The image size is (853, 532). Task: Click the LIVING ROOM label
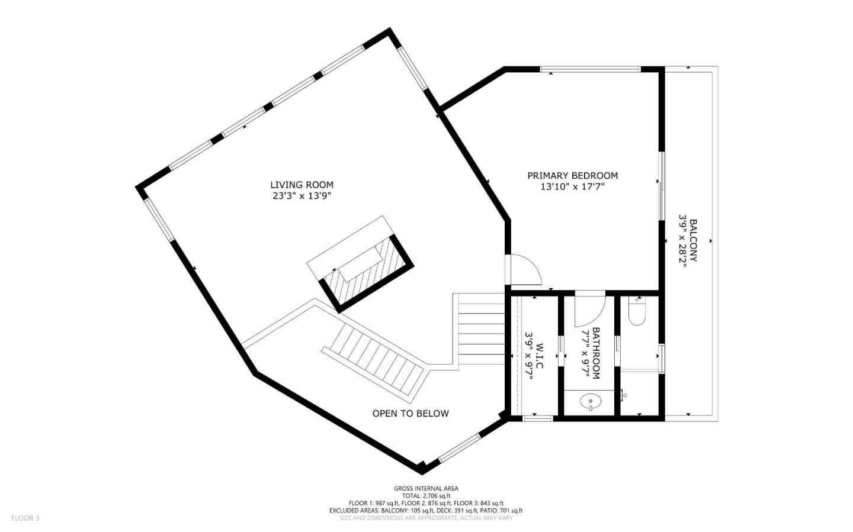click(x=302, y=185)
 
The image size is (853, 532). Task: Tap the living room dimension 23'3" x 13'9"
click(x=302, y=196)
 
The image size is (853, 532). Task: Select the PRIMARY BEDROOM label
click(x=572, y=175)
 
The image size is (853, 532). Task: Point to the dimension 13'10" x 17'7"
click(x=572, y=187)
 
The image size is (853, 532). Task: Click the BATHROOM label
click(x=596, y=353)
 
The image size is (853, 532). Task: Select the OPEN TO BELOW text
click(x=410, y=414)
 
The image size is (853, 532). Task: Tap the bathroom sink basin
click(x=591, y=403)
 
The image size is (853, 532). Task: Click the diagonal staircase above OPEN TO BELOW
click(x=376, y=360)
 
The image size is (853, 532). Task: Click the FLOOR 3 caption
click(x=25, y=518)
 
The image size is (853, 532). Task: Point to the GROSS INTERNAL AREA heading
click(x=426, y=488)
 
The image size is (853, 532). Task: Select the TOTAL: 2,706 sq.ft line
click(x=426, y=496)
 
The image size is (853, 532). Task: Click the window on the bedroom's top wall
click(x=590, y=70)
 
